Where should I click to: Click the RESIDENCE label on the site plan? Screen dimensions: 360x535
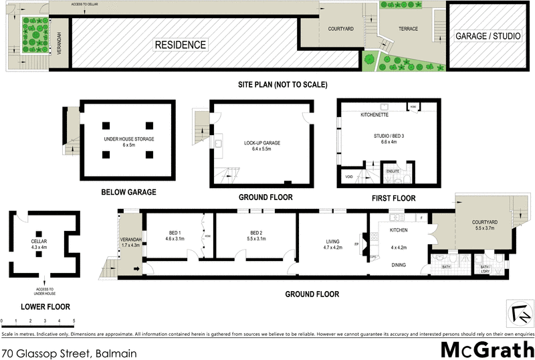(x=181, y=45)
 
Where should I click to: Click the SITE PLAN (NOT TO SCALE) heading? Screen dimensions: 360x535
(x=283, y=85)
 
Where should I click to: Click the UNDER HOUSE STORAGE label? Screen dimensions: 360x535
(x=128, y=139)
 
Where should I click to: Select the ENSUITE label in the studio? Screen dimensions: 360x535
(x=393, y=171)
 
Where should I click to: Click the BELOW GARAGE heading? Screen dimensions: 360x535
(x=128, y=192)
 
